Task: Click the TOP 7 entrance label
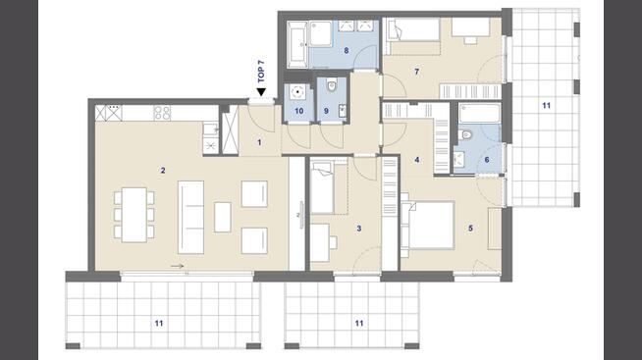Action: click(261, 72)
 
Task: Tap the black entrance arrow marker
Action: click(261, 91)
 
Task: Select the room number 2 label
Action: click(163, 170)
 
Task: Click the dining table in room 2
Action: click(134, 215)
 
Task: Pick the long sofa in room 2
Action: click(190, 217)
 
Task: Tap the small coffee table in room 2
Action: click(223, 217)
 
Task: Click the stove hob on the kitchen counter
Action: click(162, 113)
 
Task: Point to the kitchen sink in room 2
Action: click(210, 129)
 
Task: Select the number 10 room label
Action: click(298, 111)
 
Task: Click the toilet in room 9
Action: click(332, 86)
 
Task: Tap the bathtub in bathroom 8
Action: click(296, 45)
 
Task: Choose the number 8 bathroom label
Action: click(347, 51)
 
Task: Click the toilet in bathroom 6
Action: click(465, 134)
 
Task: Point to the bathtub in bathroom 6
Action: click(479, 114)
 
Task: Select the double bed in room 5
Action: click(427, 225)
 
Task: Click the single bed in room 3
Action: click(322, 187)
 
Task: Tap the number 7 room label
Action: click(417, 72)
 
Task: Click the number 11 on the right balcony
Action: click(546, 106)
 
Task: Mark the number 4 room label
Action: click(417, 160)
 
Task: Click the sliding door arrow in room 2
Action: click(177, 266)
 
